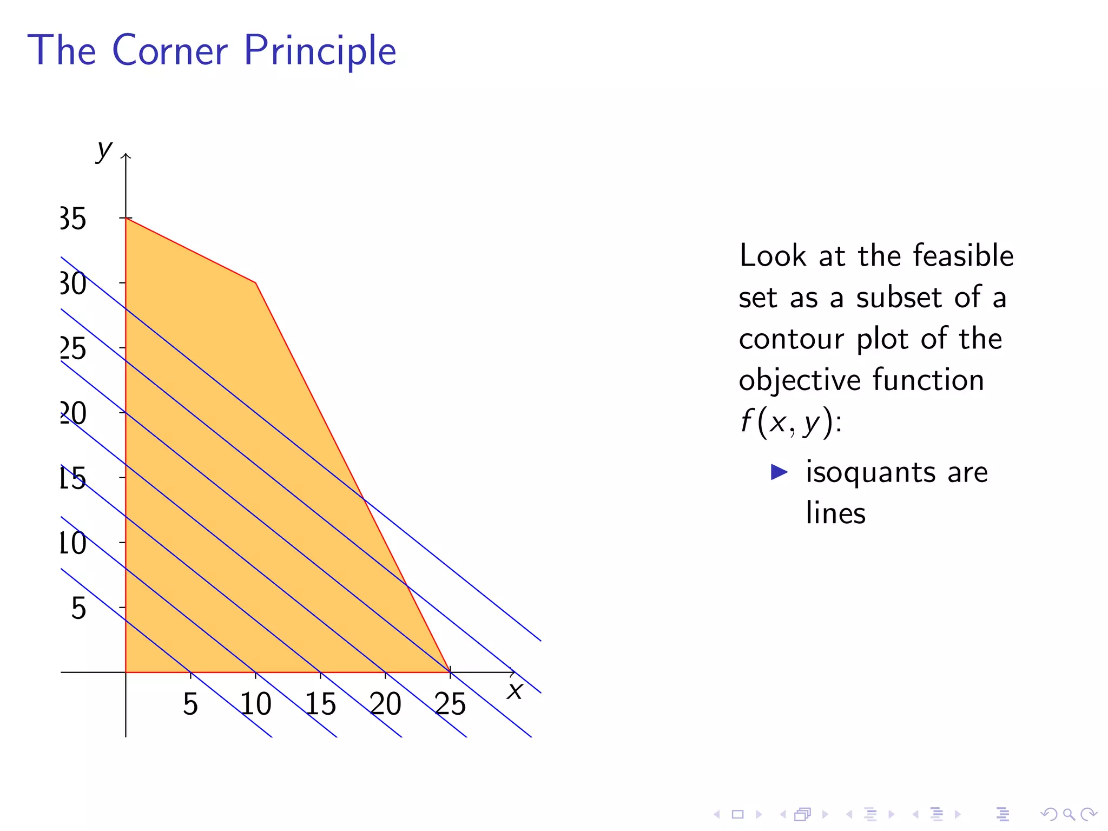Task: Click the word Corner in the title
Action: [x=170, y=50]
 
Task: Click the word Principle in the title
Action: [x=320, y=51]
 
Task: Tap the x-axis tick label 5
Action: [x=190, y=704]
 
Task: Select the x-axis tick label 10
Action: [x=255, y=704]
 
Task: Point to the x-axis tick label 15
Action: [x=320, y=704]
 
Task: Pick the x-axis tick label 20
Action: [x=385, y=704]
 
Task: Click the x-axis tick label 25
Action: [x=450, y=704]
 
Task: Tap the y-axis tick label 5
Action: [x=79, y=608]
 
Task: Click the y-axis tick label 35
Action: [x=73, y=219]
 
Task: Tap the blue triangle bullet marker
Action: [x=779, y=472]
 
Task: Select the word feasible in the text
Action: [x=963, y=255]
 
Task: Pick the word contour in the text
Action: [x=791, y=339]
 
